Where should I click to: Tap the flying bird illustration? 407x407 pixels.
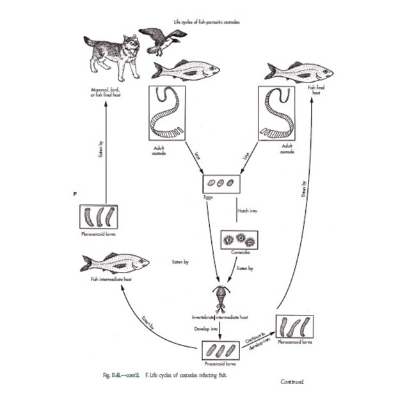click(x=160, y=41)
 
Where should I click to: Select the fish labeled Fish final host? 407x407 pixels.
click(x=295, y=71)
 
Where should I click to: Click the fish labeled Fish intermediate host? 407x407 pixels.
click(x=115, y=263)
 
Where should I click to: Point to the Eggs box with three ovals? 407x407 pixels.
click(x=221, y=183)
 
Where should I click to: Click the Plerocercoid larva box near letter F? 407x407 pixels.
click(x=98, y=217)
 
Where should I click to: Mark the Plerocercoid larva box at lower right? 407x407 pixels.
click(x=294, y=327)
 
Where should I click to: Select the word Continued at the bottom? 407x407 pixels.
click(x=292, y=382)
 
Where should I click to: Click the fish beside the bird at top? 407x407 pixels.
click(x=186, y=69)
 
